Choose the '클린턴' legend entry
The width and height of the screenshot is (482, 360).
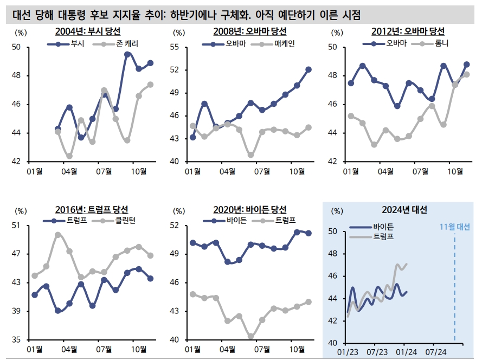pos(124,221)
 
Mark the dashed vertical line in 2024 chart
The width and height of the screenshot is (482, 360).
pos(454,287)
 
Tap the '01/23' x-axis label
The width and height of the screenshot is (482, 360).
pos(348,352)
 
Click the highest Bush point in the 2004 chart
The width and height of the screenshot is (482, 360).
pos(127,54)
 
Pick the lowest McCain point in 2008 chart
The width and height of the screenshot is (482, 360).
pos(251,155)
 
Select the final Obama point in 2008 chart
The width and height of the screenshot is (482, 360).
pos(309,69)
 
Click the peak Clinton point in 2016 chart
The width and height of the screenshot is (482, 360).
pos(58,235)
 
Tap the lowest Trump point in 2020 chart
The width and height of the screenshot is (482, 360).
pos(251,336)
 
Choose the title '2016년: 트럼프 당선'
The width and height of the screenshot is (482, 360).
pos(92,210)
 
